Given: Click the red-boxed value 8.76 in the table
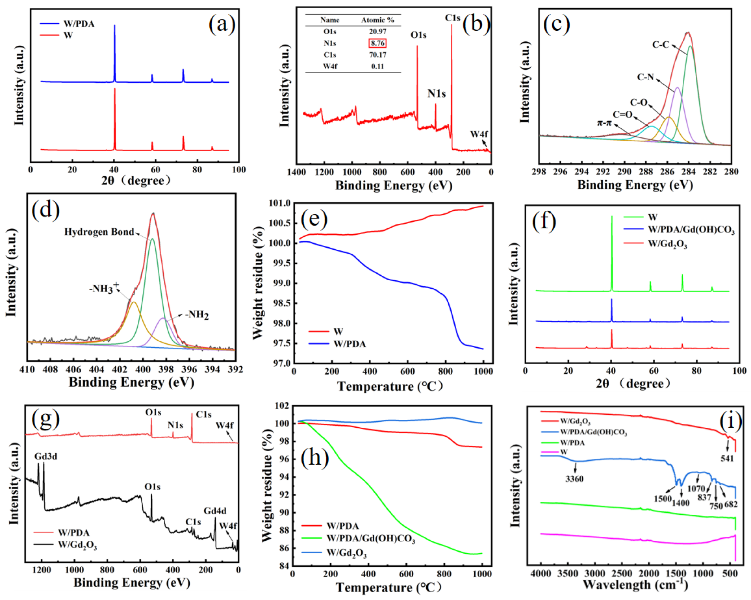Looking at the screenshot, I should point(378,43).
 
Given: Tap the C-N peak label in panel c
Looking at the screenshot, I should point(645,77).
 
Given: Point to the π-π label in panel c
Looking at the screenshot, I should point(604,123).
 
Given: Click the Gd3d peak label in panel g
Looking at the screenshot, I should point(46,457).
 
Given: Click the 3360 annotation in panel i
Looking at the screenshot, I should point(574,479).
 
